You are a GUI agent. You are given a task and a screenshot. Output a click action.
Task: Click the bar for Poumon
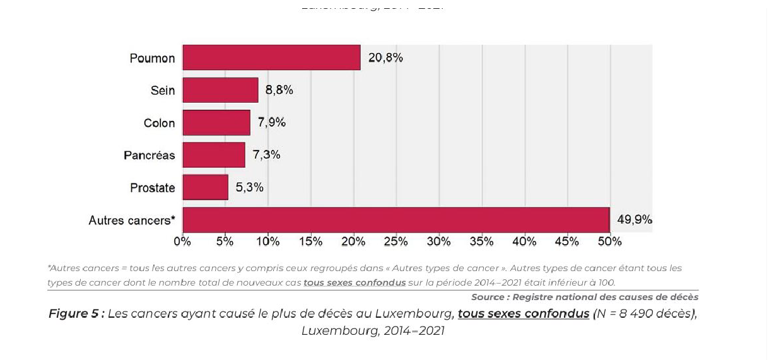[271, 57]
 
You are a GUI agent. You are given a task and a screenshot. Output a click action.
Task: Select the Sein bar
[220, 90]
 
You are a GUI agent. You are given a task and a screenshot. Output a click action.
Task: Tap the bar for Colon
[216, 122]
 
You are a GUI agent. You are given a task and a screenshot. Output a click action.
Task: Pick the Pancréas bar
[214, 154]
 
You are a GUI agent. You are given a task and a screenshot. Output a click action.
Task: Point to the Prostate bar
[205, 187]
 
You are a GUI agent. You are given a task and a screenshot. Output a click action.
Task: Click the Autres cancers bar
[396, 219]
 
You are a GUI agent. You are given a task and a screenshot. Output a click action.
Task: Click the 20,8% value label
[385, 58]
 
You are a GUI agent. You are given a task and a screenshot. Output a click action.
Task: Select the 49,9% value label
[635, 220]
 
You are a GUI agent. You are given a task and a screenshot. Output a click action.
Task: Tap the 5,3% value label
[250, 187]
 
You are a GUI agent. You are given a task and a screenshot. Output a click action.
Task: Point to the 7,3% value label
[266, 155]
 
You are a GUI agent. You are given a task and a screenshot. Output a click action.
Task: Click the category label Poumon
[152, 59]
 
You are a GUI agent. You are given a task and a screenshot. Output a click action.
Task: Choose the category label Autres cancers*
[132, 221]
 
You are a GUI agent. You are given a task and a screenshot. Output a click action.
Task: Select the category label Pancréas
[149, 155]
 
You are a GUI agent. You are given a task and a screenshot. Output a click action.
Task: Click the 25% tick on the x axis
[396, 241]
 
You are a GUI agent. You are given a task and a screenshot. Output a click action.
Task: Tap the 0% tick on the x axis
[182, 241]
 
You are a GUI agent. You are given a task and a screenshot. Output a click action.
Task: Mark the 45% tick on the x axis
[567, 241]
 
